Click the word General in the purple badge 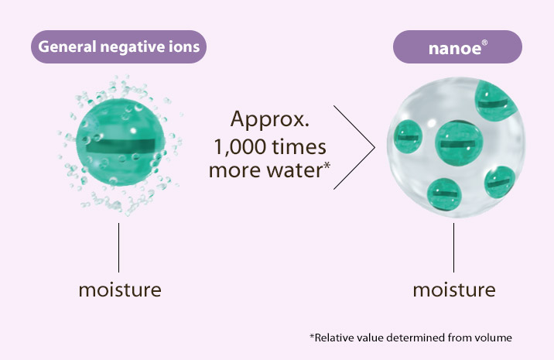tap(63, 46)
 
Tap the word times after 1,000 tap(299, 147)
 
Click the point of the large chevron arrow tap(374, 145)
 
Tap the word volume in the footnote tap(494, 338)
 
